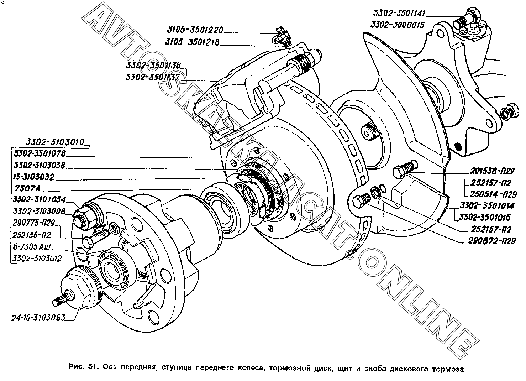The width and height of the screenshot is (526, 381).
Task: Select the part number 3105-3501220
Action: (195, 30)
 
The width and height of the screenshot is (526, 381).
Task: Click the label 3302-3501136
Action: (153, 65)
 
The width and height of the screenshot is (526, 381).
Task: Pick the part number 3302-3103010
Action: (54, 142)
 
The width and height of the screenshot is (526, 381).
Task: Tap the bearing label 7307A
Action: (27, 188)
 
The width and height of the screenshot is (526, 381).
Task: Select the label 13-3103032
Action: (34, 177)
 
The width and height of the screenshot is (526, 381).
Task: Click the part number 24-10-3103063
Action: (38, 318)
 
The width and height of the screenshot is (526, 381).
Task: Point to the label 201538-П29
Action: (492, 171)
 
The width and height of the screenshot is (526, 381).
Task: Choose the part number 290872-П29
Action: (492, 241)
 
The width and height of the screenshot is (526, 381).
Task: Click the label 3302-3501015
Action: (485, 217)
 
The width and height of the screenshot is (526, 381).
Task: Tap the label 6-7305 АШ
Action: (32, 247)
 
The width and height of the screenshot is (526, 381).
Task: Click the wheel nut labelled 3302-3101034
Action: (85, 216)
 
